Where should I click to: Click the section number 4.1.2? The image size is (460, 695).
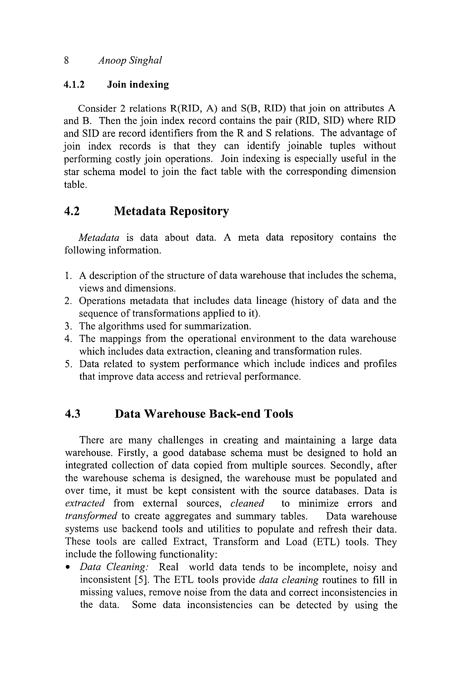click(x=74, y=85)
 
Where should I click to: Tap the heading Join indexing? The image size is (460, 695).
click(x=138, y=85)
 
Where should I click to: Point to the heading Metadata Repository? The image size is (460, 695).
click(x=171, y=211)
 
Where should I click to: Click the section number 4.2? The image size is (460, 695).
click(x=72, y=211)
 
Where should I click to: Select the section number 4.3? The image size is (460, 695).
click(x=73, y=414)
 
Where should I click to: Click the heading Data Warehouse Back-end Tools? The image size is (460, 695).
click(x=204, y=414)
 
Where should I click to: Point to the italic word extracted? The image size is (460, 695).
click(x=85, y=503)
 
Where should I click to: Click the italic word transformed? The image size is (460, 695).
click(x=91, y=516)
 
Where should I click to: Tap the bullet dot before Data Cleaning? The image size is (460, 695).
click(x=68, y=567)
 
